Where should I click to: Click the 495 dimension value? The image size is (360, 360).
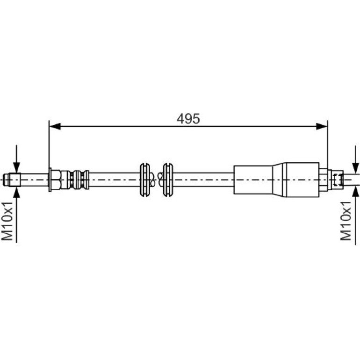[x=188, y=119]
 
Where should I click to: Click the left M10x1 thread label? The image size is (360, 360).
[x=7, y=221]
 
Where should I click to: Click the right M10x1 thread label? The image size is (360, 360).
[x=346, y=221]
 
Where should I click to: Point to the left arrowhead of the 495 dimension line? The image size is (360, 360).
[x=55, y=126]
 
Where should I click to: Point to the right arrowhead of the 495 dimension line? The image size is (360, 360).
[x=322, y=126]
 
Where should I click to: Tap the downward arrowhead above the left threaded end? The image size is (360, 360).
[x=16, y=167]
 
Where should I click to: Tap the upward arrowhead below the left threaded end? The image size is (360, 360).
[x=16, y=192]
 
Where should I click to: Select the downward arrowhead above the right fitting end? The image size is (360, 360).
[x=355, y=168]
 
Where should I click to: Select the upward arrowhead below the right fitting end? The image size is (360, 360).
[x=355, y=192]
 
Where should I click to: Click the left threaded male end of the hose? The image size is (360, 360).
[x=12, y=180]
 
